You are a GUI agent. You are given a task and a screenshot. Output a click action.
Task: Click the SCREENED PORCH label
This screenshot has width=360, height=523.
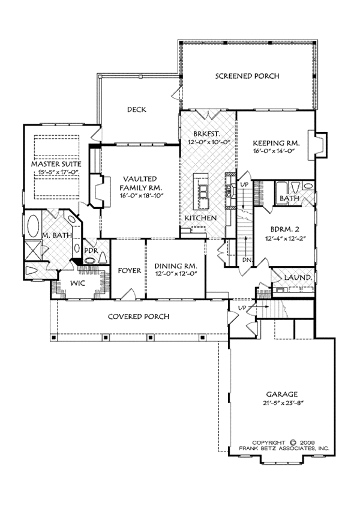pyautogui.click(x=247, y=76)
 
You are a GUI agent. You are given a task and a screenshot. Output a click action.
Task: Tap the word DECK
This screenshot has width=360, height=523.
pyautogui.click(x=137, y=109)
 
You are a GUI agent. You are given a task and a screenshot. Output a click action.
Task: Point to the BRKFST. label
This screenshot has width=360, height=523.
pyautogui.click(x=206, y=134)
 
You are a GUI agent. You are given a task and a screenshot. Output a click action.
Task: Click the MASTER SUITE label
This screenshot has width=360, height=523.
pyautogui.click(x=56, y=164)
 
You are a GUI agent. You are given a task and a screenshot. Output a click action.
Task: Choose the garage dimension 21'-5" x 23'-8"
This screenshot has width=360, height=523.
pyautogui.click(x=284, y=402)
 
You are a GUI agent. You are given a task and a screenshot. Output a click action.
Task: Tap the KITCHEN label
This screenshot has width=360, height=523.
pyautogui.click(x=200, y=218)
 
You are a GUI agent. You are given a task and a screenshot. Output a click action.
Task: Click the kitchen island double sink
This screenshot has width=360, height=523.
pyautogui.click(x=203, y=193)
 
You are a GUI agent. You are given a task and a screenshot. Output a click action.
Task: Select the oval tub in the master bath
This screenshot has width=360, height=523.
pyautogui.click(x=33, y=226)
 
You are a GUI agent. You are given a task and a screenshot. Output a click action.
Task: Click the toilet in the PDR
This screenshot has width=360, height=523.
pyautogui.click(x=103, y=257)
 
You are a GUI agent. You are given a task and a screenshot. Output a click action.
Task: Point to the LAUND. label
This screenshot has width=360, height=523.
pyautogui.click(x=298, y=277)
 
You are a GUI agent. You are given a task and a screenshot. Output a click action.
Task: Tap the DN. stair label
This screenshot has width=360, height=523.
pyautogui.click(x=247, y=260)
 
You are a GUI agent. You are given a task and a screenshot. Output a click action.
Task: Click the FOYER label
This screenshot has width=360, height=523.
pyautogui.click(x=130, y=270)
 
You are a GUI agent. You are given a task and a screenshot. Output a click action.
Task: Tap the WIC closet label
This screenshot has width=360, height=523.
pyautogui.click(x=77, y=283)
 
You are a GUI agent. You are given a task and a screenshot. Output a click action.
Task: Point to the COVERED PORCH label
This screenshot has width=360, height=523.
pyautogui.click(x=139, y=316)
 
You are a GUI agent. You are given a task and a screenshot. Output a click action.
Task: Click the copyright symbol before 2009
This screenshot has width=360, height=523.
pyautogui.click(x=293, y=443)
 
